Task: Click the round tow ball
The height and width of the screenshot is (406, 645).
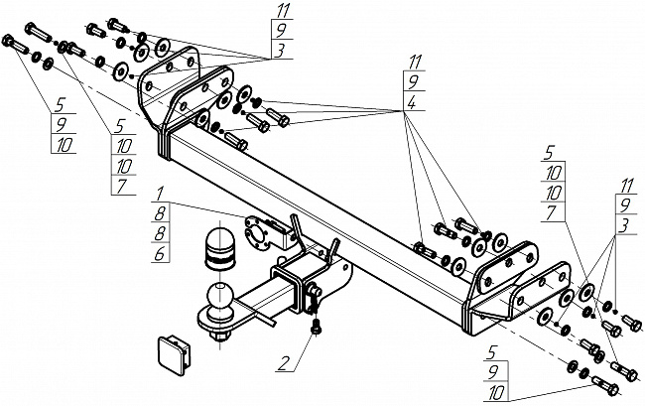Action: pos(220,296)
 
